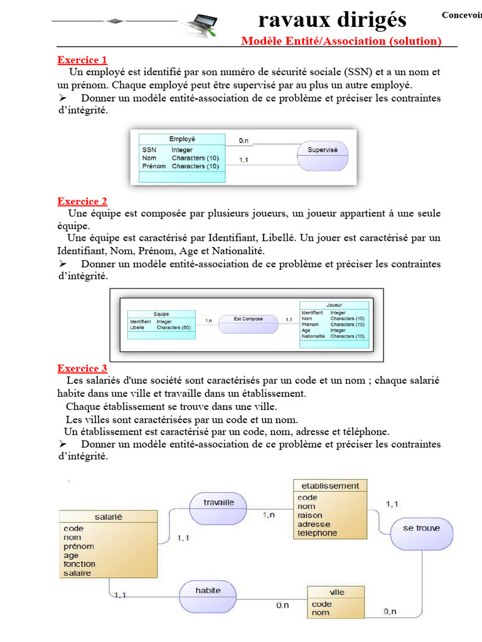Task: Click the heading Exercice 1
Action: [x=82, y=60]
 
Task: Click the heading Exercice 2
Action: [x=82, y=201]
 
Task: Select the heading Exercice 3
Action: [x=82, y=368]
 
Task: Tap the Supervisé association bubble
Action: [x=323, y=150]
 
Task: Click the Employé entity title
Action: [x=182, y=139]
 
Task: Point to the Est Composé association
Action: [x=248, y=319]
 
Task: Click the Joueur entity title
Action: [x=335, y=305]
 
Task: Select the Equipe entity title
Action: [x=161, y=314]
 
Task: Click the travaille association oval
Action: [x=218, y=503]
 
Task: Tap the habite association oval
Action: [x=208, y=591]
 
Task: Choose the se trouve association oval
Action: [x=421, y=529]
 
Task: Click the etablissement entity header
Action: [x=330, y=485]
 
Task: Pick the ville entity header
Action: [x=336, y=592]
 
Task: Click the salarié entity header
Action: [x=108, y=517]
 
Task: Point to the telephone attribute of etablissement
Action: [x=317, y=534]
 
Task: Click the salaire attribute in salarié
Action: [x=77, y=573]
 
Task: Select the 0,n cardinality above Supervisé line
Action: [x=244, y=141]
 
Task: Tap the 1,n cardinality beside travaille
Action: [x=269, y=515]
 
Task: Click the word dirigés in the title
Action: [x=369, y=20]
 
